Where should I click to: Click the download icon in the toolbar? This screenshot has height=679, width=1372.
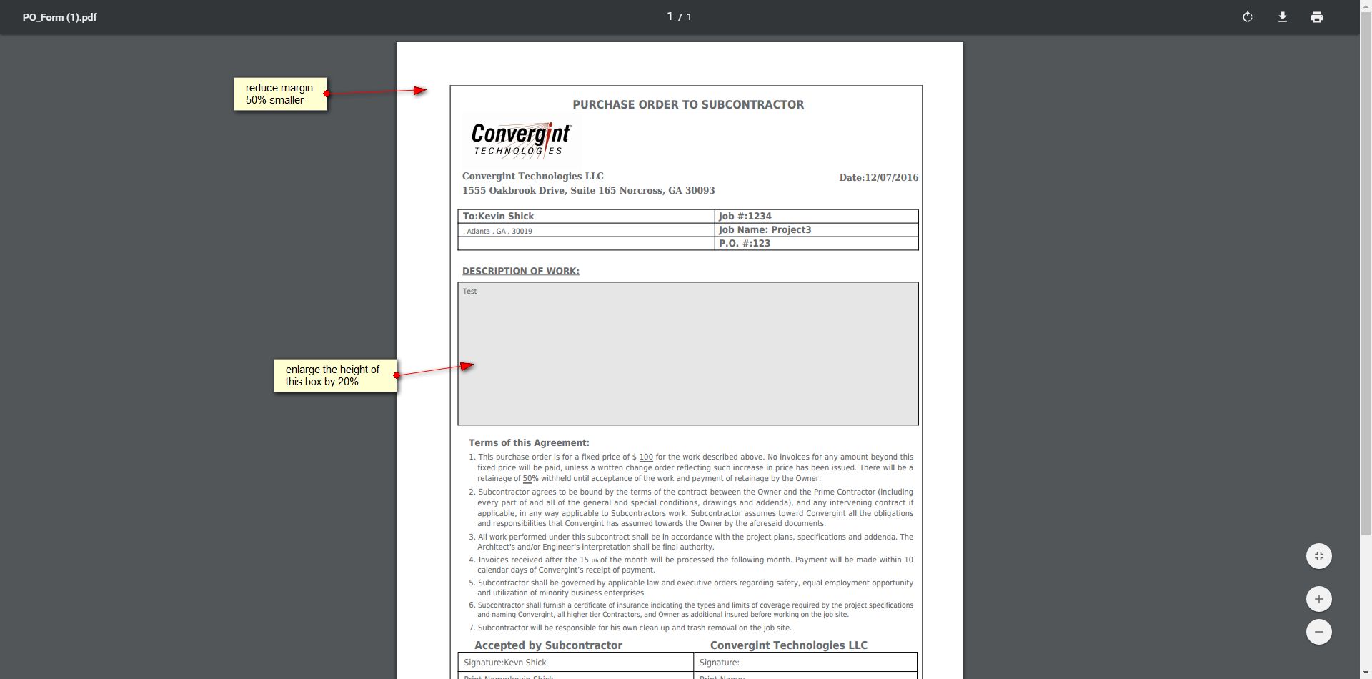pos(1282,17)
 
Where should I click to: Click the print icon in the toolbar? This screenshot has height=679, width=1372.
pos(1316,17)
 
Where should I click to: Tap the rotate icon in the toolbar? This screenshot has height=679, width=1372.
pos(1247,17)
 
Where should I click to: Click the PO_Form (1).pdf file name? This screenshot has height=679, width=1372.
pos(59,17)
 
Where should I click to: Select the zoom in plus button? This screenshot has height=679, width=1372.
pos(1318,599)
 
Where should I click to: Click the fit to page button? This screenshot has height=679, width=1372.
pos(1318,556)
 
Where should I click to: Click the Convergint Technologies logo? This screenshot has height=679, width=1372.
pos(521,139)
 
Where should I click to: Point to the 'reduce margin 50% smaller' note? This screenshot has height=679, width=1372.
pos(280,94)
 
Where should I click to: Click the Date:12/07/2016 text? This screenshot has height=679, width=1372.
pos(878,177)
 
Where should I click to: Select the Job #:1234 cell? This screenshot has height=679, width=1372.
pos(816,216)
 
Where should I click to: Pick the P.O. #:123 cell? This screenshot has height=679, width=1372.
pos(816,244)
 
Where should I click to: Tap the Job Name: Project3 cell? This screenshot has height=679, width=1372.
pos(816,230)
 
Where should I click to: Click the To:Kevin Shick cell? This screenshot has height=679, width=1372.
pos(585,216)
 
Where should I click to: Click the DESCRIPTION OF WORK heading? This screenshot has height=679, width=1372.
pos(520,271)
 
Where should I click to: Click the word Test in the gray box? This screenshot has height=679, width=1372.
pos(469,292)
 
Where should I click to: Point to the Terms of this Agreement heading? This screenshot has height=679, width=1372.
pos(529,443)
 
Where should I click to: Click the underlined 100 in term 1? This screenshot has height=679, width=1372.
pos(646,457)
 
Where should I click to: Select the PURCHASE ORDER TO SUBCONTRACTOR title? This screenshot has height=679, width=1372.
pos(687,104)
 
